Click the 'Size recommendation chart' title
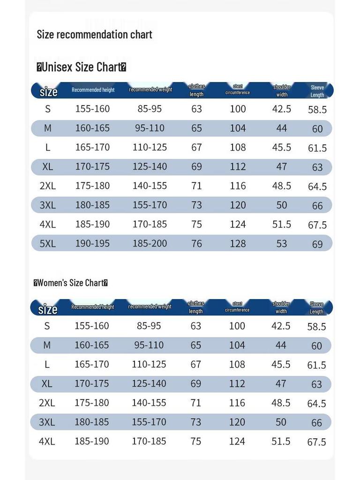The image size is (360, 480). (x=94, y=34)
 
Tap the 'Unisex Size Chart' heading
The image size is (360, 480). (x=81, y=67)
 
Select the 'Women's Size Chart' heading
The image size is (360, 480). (x=71, y=283)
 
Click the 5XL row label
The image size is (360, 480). (x=47, y=243)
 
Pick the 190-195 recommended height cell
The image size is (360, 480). (x=92, y=243)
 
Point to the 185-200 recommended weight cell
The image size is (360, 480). (x=150, y=243)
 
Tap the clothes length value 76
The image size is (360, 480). (x=196, y=243)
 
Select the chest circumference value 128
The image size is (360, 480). (x=238, y=243)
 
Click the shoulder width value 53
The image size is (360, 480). (x=281, y=243)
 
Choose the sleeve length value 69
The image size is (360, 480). (x=317, y=244)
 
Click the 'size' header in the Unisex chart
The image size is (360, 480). (x=48, y=91)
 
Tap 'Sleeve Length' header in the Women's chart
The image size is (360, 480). (x=316, y=308)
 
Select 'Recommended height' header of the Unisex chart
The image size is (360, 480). (x=93, y=90)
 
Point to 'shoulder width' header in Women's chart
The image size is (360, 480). (x=281, y=307)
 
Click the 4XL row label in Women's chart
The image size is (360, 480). (x=47, y=441)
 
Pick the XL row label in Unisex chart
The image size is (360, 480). (x=47, y=166)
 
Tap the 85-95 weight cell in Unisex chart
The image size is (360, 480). (x=150, y=109)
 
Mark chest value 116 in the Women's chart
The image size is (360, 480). (x=237, y=403)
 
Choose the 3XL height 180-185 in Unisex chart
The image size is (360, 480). (x=92, y=205)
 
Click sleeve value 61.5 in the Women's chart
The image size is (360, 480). (x=317, y=365)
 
